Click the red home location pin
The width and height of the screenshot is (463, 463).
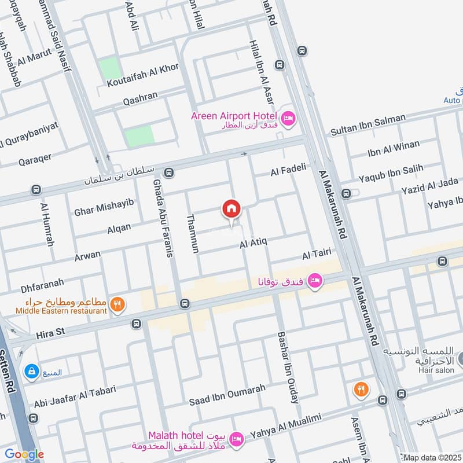point(231,210)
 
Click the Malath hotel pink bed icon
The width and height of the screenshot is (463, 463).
point(236,440)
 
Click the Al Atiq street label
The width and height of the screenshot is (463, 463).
point(253,245)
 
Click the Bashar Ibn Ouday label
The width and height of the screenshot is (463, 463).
point(288,367)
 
